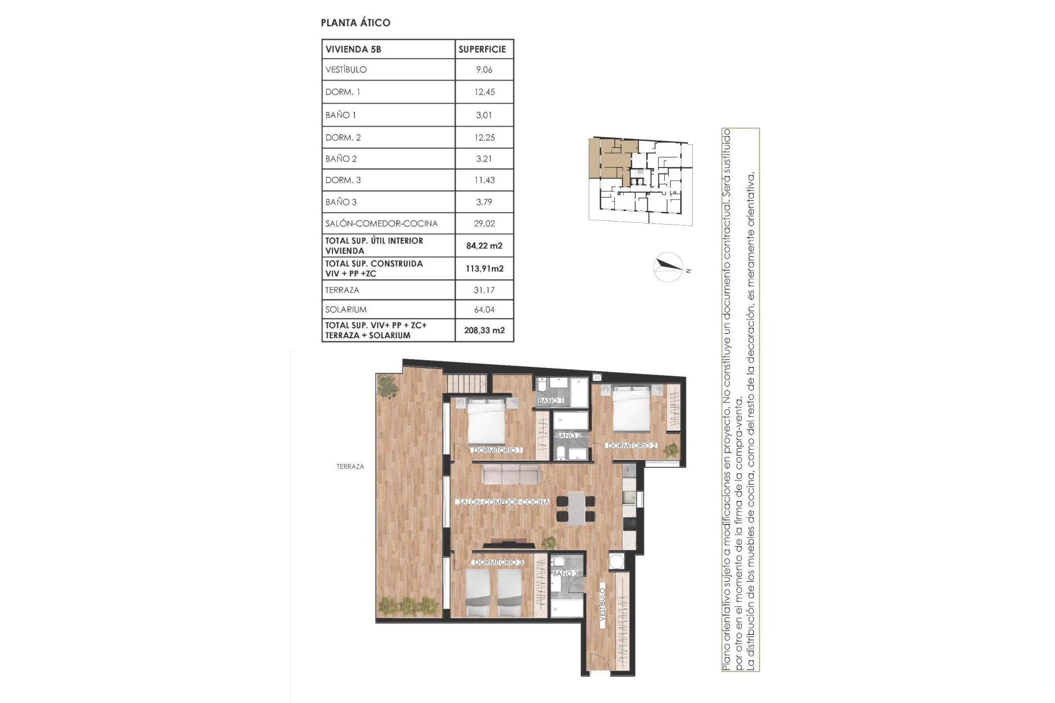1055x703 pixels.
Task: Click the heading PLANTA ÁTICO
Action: click(x=356, y=23)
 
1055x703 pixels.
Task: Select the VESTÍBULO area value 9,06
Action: click(x=484, y=70)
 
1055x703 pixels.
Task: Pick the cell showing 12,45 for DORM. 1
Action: click(x=484, y=92)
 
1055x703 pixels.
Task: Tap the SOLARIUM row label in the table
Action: click(x=346, y=309)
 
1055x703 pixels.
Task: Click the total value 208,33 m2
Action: click(x=484, y=331)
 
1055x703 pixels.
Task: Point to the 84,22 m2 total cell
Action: click(x=484, y=246)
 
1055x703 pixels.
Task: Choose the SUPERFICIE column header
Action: click(x=482, y=49)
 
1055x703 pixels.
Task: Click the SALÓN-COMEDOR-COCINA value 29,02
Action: click(x=484, y=224)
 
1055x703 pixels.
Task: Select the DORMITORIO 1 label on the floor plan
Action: click(x=497, y=450)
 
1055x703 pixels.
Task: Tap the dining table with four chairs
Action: click(x=575, y=508)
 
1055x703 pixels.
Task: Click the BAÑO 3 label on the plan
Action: click(x=565, y=573)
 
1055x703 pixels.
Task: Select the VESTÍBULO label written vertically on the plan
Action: click(x=603, y=605)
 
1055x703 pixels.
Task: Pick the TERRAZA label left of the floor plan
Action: click(x=350, y=467)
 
